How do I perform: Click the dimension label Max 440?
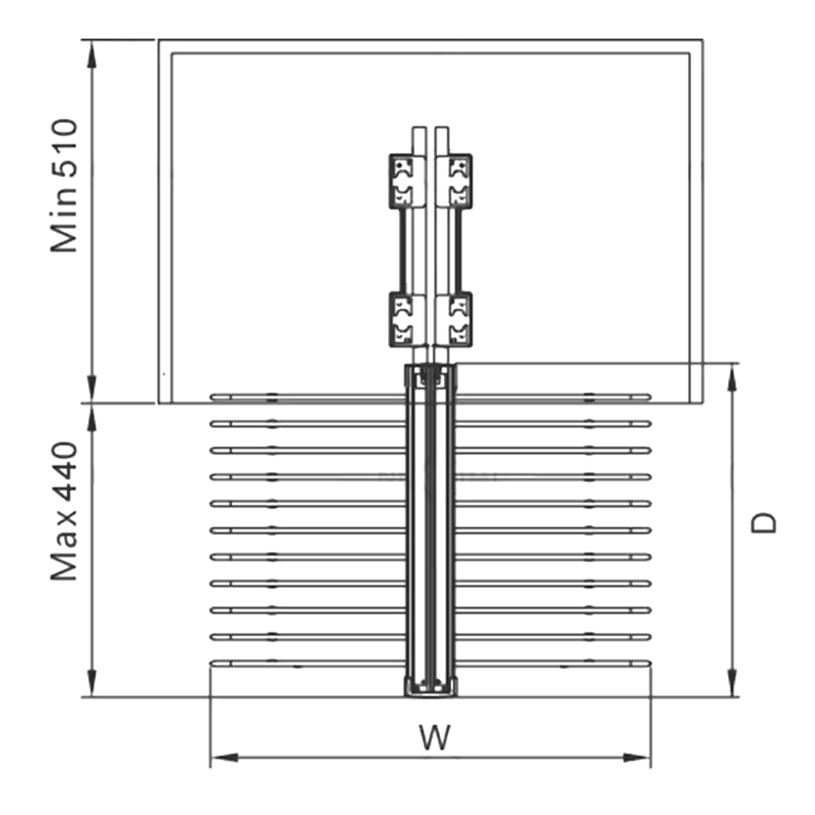click(x=64, y=512)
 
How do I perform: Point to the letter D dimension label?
click(x=764, y=522)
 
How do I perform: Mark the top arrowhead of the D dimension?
click(x=733, y=373)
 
